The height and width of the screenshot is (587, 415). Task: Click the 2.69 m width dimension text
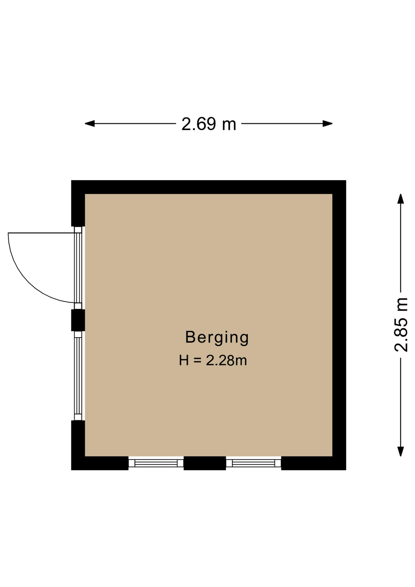pos(209,124)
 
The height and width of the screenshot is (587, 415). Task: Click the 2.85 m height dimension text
pos(401,325)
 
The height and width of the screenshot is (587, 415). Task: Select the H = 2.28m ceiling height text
pos(213,360)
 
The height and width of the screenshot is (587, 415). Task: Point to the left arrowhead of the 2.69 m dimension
pos(90,124)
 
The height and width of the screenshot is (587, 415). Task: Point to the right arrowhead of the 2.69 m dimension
pos(328,124)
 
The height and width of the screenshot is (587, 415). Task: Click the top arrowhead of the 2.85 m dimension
pos(401,198)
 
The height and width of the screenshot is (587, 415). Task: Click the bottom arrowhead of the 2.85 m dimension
pos(401,451)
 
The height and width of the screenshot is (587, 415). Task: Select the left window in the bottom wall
pos(156,463)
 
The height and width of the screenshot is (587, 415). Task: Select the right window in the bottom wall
pos(253,463)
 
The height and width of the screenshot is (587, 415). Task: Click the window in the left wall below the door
pos(78,376)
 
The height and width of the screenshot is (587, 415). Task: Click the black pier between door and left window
pos(78,320)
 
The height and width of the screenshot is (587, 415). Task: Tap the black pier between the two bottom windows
pos(205,463)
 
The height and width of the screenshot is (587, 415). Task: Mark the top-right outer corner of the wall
pos(346,180)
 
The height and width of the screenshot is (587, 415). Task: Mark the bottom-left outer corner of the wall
pos(72,470)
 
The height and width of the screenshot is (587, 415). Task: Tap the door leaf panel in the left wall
pos(78,268)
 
